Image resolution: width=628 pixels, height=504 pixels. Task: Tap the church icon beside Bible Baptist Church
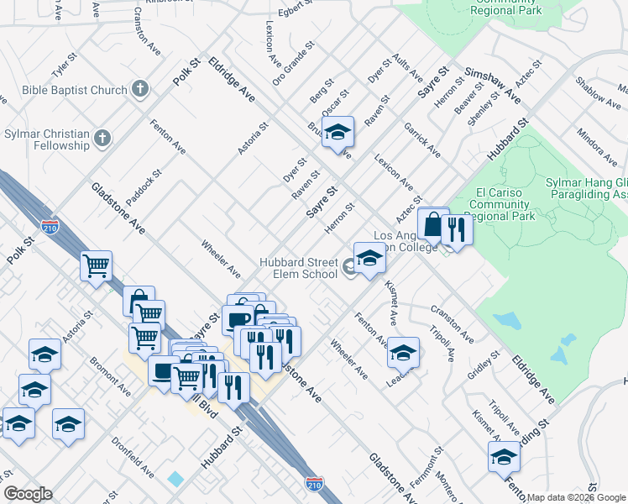[x=140, y=88]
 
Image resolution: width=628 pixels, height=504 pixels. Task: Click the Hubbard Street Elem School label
[x=298, y=268]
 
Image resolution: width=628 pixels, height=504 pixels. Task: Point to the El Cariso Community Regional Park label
[x=501, y=203]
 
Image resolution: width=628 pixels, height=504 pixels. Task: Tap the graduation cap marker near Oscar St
[x=338, y=133]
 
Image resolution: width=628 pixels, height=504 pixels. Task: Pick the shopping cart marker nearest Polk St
[x=97, y=266]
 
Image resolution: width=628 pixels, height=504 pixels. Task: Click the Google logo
[x=28, y=494]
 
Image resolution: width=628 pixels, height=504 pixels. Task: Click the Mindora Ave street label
[x=596, y=147]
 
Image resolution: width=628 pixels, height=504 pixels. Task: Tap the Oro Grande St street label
[x=291, y=64]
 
